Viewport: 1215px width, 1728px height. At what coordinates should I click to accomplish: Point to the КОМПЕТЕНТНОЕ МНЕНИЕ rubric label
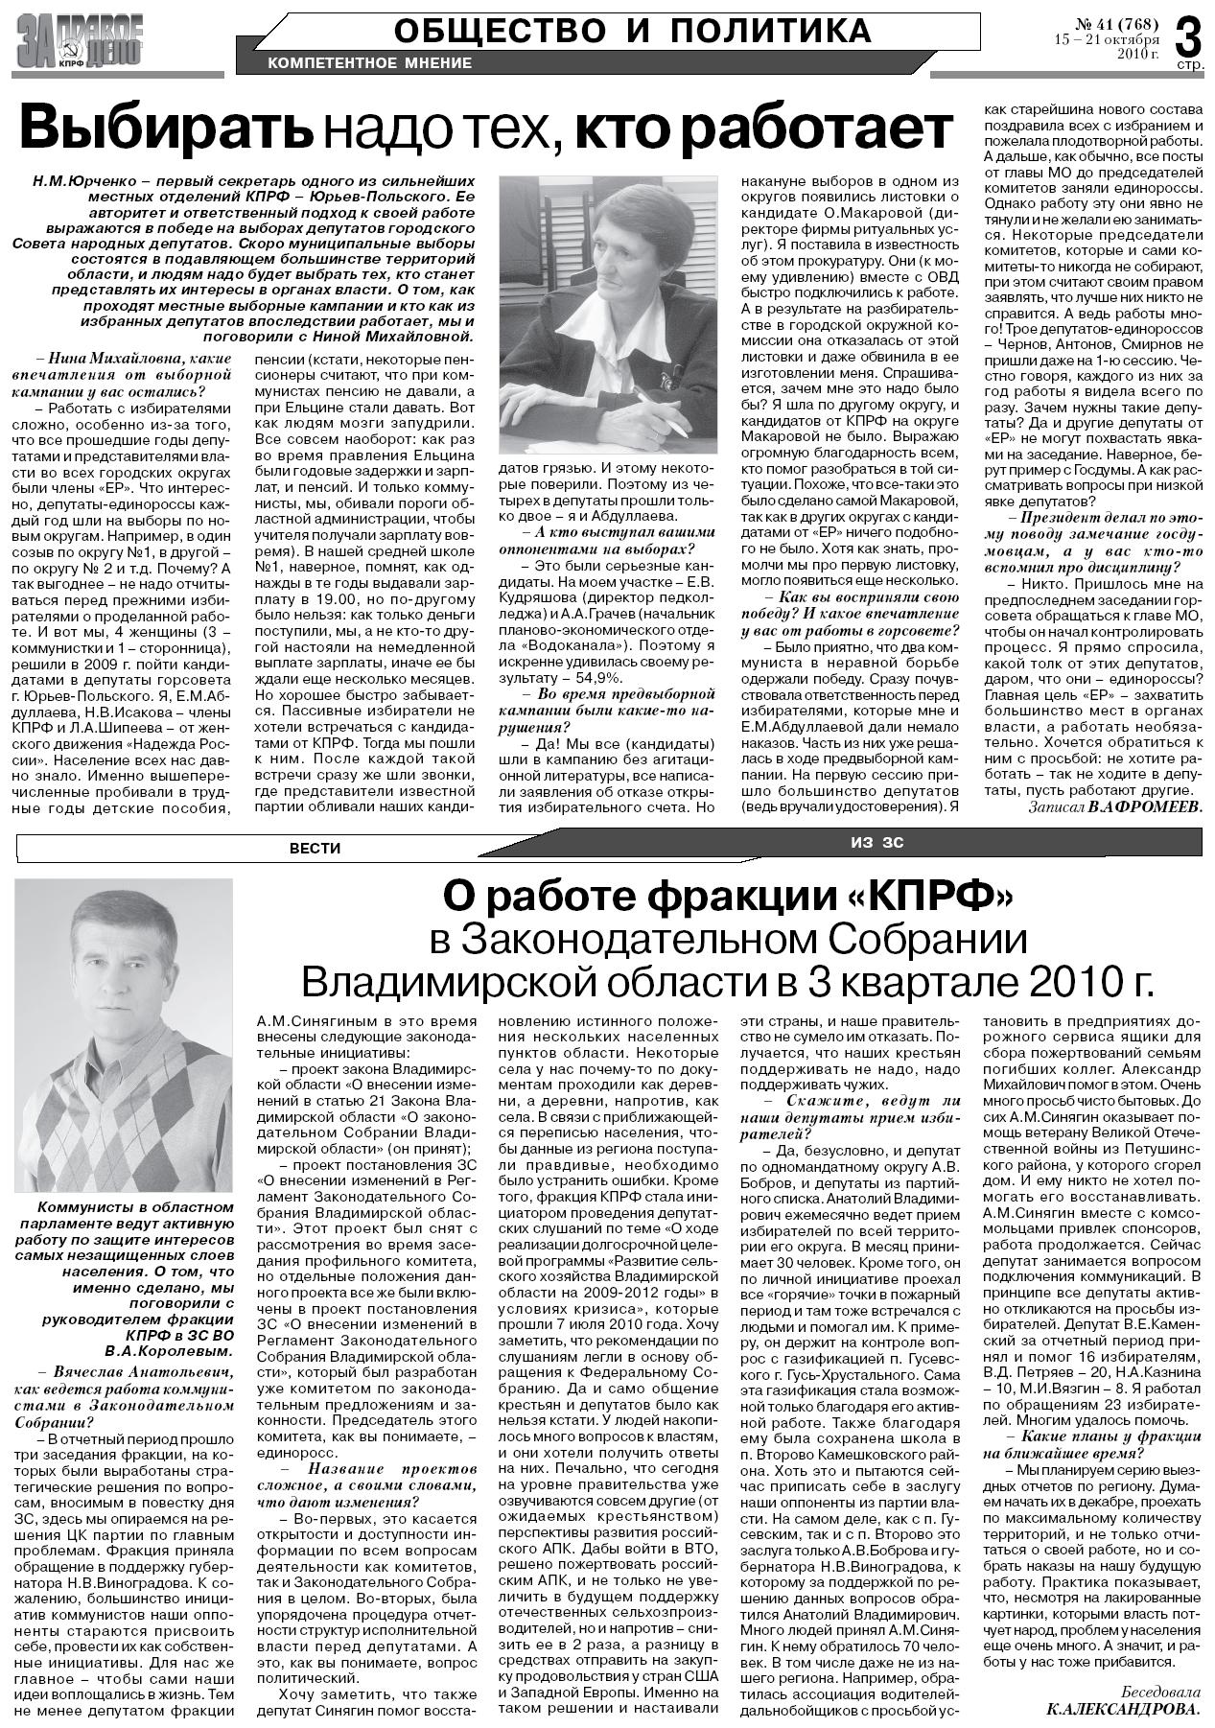[370, 63]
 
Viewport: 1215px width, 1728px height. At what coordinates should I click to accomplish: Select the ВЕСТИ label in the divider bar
[315, 849]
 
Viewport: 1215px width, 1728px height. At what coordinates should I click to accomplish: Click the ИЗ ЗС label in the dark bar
[876, 843]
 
